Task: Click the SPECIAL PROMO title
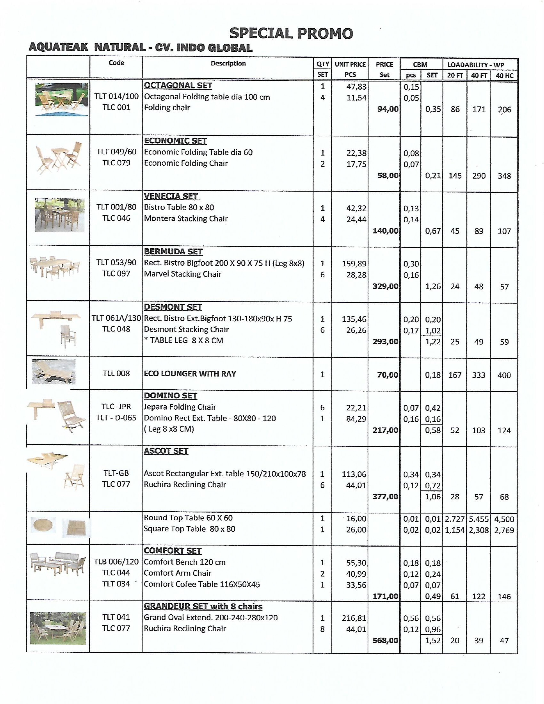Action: point(291,33)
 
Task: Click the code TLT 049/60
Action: point(116,152)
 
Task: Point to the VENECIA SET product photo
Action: point(60,215)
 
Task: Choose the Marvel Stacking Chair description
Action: point(183,274)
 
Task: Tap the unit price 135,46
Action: point(354,319)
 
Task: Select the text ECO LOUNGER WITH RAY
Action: point(190,374)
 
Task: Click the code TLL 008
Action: point(116,374)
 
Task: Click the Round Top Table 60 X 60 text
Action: point(188,518)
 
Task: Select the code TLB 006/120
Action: point(116,562)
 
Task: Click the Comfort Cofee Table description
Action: point(202,584)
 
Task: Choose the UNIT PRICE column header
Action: point(350,64)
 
